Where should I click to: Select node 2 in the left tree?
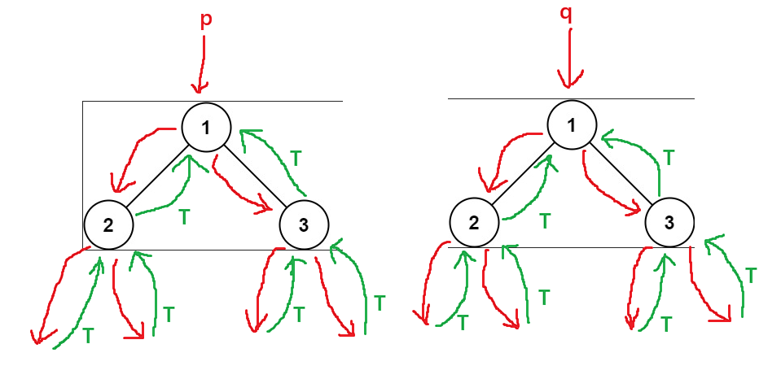[x=107, y=224]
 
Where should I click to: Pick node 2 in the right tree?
[x=473, y=222]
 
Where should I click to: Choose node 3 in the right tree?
[x=669, y=222]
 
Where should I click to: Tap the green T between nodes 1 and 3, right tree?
[x=668, y=155]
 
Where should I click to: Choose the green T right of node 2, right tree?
[x=545, y=219]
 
